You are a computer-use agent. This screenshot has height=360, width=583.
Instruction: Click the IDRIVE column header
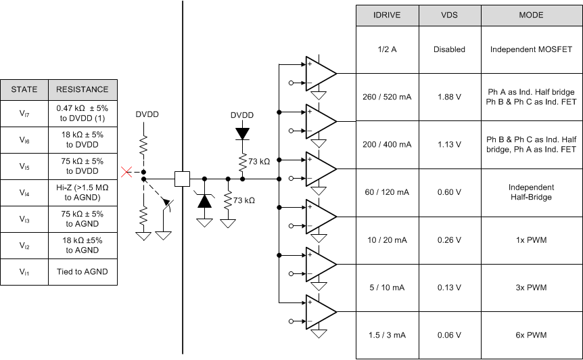coord(388,15)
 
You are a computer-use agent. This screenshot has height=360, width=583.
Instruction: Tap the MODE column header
coord(531,15)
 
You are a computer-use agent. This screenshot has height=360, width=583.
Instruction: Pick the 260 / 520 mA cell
coord(388,97)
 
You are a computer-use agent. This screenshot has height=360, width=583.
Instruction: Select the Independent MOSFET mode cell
coord(531,49)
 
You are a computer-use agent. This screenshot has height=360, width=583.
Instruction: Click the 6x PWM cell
coord(531,335)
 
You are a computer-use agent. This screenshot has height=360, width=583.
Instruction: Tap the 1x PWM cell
coord(531,240)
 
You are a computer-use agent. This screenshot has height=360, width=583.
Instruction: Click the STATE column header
coord(24,89)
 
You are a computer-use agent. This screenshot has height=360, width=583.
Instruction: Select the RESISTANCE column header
coord(82,89)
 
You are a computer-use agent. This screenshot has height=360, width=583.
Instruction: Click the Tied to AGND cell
coord(82,272)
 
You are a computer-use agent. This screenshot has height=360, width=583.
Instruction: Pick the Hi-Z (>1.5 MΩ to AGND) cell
coord(82,193)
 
